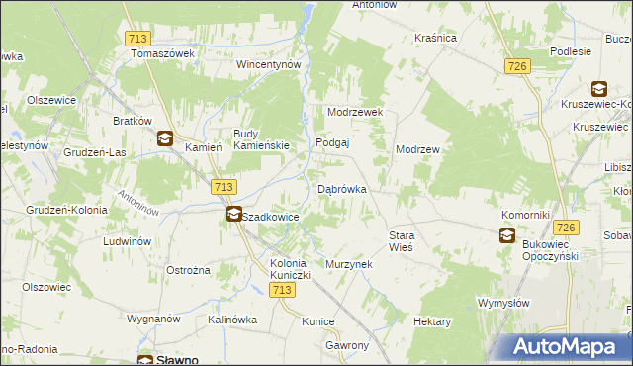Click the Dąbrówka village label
342,188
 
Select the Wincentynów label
267,64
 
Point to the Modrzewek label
355,113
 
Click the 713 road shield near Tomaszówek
138,38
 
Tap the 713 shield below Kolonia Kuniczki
282,289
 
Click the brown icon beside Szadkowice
233,214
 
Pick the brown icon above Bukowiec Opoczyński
506,234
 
